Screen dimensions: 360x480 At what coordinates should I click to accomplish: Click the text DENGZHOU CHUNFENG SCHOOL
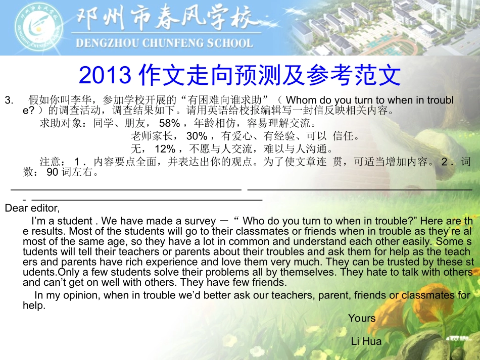coord(164,43)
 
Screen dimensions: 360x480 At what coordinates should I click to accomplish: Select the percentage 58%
coord(169,123)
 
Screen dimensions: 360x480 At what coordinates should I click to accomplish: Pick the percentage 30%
coord(197,136)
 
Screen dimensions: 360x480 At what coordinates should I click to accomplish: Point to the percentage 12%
coord(165,149)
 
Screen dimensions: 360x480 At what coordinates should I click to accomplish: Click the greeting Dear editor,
coord(32,208)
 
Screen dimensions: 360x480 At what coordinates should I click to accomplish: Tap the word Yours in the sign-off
coord(362,318)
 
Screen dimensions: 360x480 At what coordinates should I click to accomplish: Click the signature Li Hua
coord(366,342)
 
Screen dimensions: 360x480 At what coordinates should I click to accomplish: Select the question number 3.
coord(9,100)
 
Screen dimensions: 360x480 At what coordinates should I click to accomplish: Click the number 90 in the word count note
coord(53,173)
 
